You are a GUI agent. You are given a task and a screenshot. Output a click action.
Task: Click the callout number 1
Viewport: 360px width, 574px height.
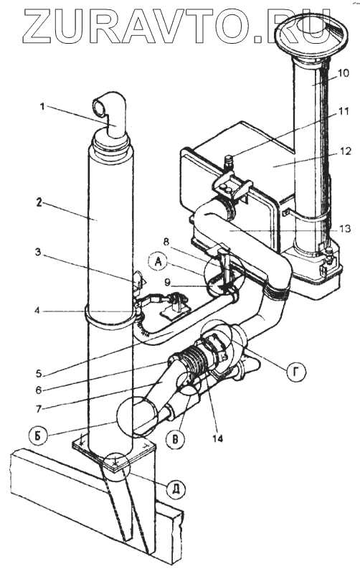(42, 107)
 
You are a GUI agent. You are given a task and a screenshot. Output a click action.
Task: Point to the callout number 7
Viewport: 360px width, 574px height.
(39, 408)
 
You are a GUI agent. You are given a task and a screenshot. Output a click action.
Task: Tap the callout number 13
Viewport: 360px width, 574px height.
(345, 229)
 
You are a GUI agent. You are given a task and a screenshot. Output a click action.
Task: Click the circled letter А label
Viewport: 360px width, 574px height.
(158, 263)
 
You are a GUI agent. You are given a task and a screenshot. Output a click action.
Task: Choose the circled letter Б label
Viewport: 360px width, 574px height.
(37, 438)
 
